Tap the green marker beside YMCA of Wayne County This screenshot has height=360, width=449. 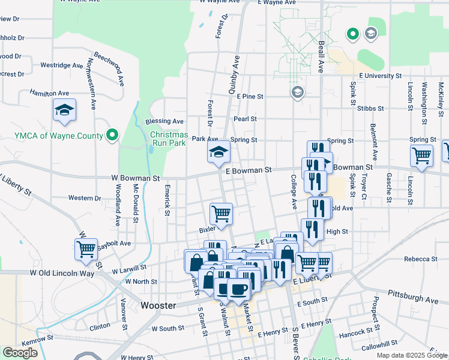pos(112,136)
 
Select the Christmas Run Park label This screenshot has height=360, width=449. pos(169,139)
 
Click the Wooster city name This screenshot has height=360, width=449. pos(158,305)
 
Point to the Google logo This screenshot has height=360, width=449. pos(20,353)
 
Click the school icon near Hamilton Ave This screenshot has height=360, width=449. pos(64,110)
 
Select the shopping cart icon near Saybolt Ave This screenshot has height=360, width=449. pos(86,248)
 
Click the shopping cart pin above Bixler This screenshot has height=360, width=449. pos(221,213)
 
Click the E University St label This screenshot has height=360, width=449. pos(380,76)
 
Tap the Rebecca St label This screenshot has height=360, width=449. pos(420,259)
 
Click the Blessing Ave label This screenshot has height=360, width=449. pos(169,121)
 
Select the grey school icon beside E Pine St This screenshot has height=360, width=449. pos(297,92)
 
